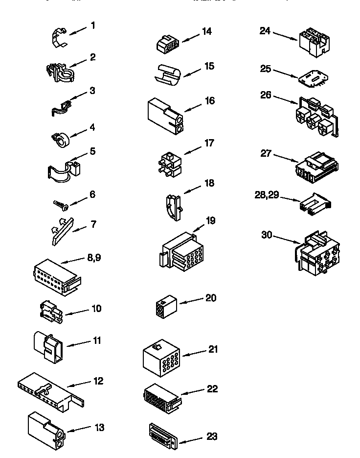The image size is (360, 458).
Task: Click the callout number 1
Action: (x=92, y=24)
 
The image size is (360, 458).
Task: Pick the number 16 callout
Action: (x=209, y=100)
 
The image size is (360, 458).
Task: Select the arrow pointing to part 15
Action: (x=192, y=71)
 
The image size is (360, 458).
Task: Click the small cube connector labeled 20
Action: (x=165, y=306)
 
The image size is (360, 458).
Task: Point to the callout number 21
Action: (x=212, y=349)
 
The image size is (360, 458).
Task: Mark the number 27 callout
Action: (x=266, y=153)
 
